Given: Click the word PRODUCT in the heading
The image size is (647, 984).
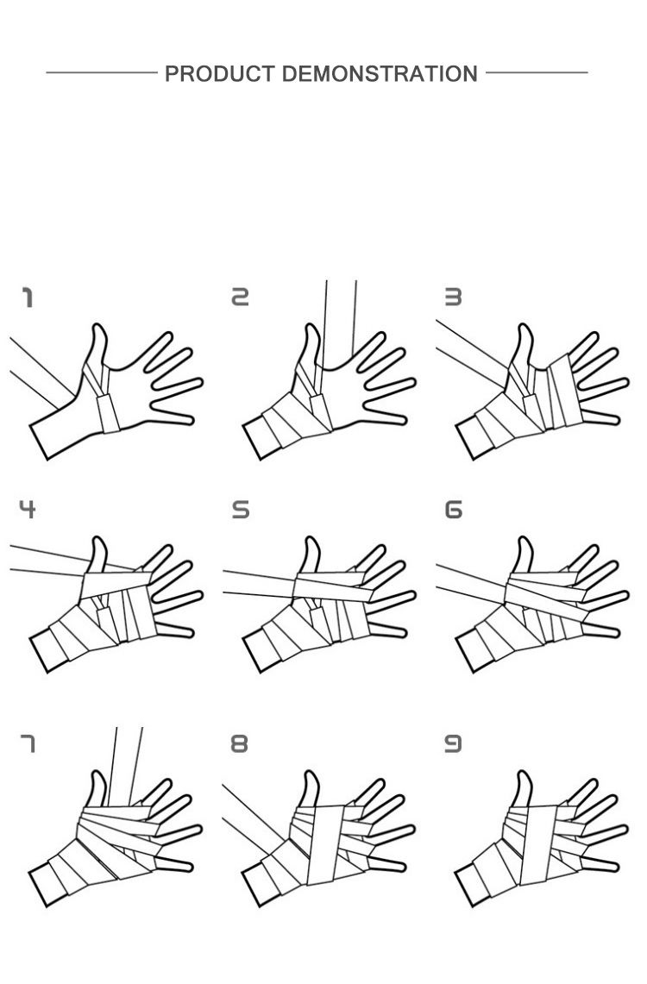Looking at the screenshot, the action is pos(220,74).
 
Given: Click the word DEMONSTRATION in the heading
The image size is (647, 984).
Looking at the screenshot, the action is pos(380,74).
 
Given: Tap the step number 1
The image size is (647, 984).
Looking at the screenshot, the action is pos(27,298).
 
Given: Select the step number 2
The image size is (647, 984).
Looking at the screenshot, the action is pos(241,297).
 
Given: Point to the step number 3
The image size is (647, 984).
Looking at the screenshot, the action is pos(453,297).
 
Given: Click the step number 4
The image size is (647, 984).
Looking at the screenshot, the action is pos(27,509).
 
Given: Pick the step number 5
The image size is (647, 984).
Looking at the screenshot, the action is pos(241,509).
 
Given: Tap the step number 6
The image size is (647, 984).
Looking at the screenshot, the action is pos(453,509).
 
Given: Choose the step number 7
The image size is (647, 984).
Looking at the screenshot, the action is pos(27,743).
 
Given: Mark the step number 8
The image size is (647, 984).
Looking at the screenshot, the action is pos(240,743).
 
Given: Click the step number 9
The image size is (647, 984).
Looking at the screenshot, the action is pos(453,743).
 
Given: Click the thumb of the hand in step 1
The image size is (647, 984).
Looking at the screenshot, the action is pos(97,349).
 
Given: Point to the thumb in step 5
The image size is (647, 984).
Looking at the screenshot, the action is pos(310,555).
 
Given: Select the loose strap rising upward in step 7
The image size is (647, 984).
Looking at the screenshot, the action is pos(125,766).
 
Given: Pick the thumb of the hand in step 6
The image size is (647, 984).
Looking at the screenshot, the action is pos(523,555).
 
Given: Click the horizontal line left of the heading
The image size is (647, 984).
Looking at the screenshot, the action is pos(102,72).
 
